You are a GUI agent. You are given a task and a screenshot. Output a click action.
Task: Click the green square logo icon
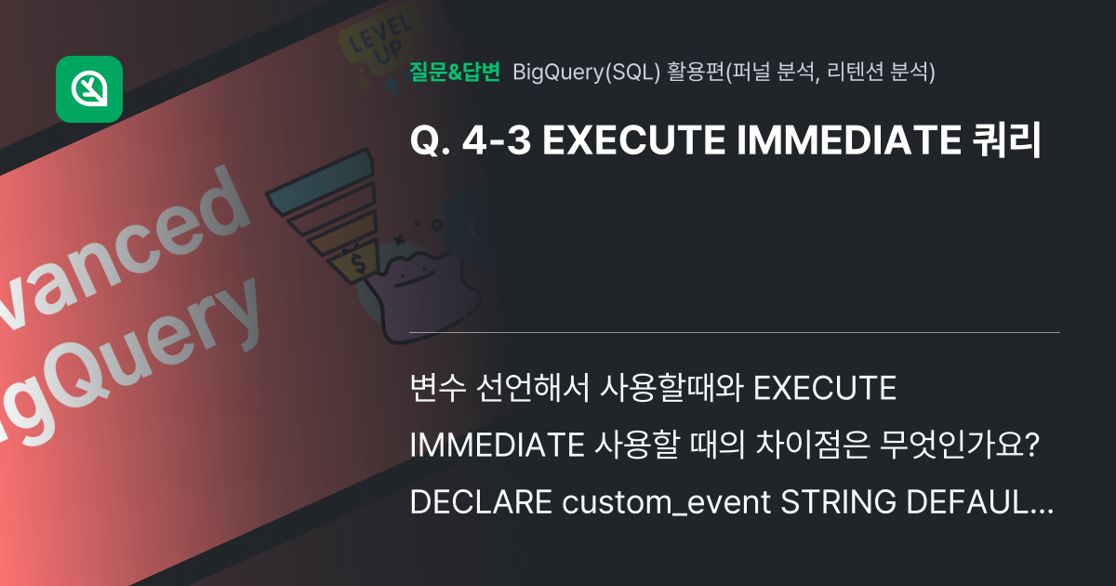tap(89, 89)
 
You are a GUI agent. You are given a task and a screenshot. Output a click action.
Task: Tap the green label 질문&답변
tap(455, 72)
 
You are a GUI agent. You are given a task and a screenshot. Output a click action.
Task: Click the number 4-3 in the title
tap(494, 140)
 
